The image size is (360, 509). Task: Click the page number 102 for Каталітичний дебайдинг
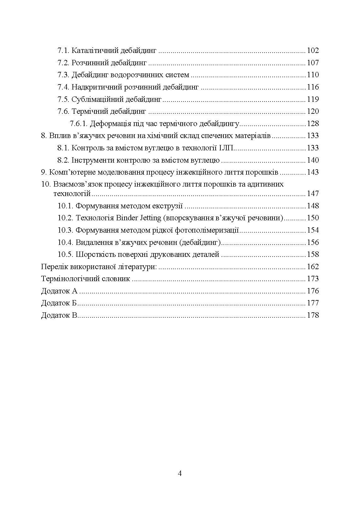pos(313,50)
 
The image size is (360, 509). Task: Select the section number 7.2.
pos(63,63)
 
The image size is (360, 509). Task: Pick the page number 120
pos(313,111)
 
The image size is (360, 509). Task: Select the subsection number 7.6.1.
pos(78,124)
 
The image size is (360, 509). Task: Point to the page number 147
pos(313,194)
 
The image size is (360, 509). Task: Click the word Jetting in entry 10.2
pos(150,218)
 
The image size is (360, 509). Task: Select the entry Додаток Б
pos(59,303)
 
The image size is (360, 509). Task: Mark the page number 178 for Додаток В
pos(313,315)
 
